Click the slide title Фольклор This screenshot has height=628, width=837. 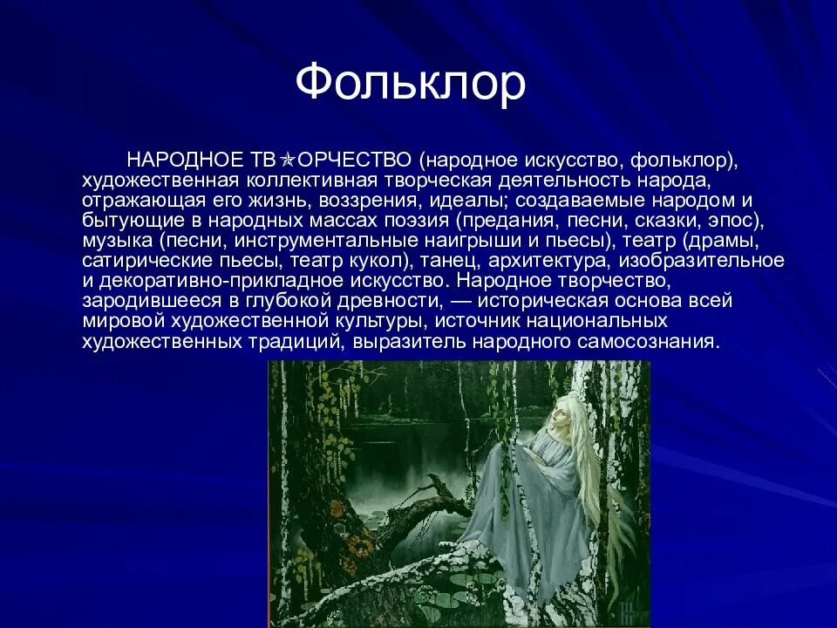[x=410, y=84]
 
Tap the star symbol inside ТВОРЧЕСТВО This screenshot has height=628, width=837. [x=287, y=160]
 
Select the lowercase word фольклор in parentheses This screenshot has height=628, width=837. [x=682, y=160]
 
